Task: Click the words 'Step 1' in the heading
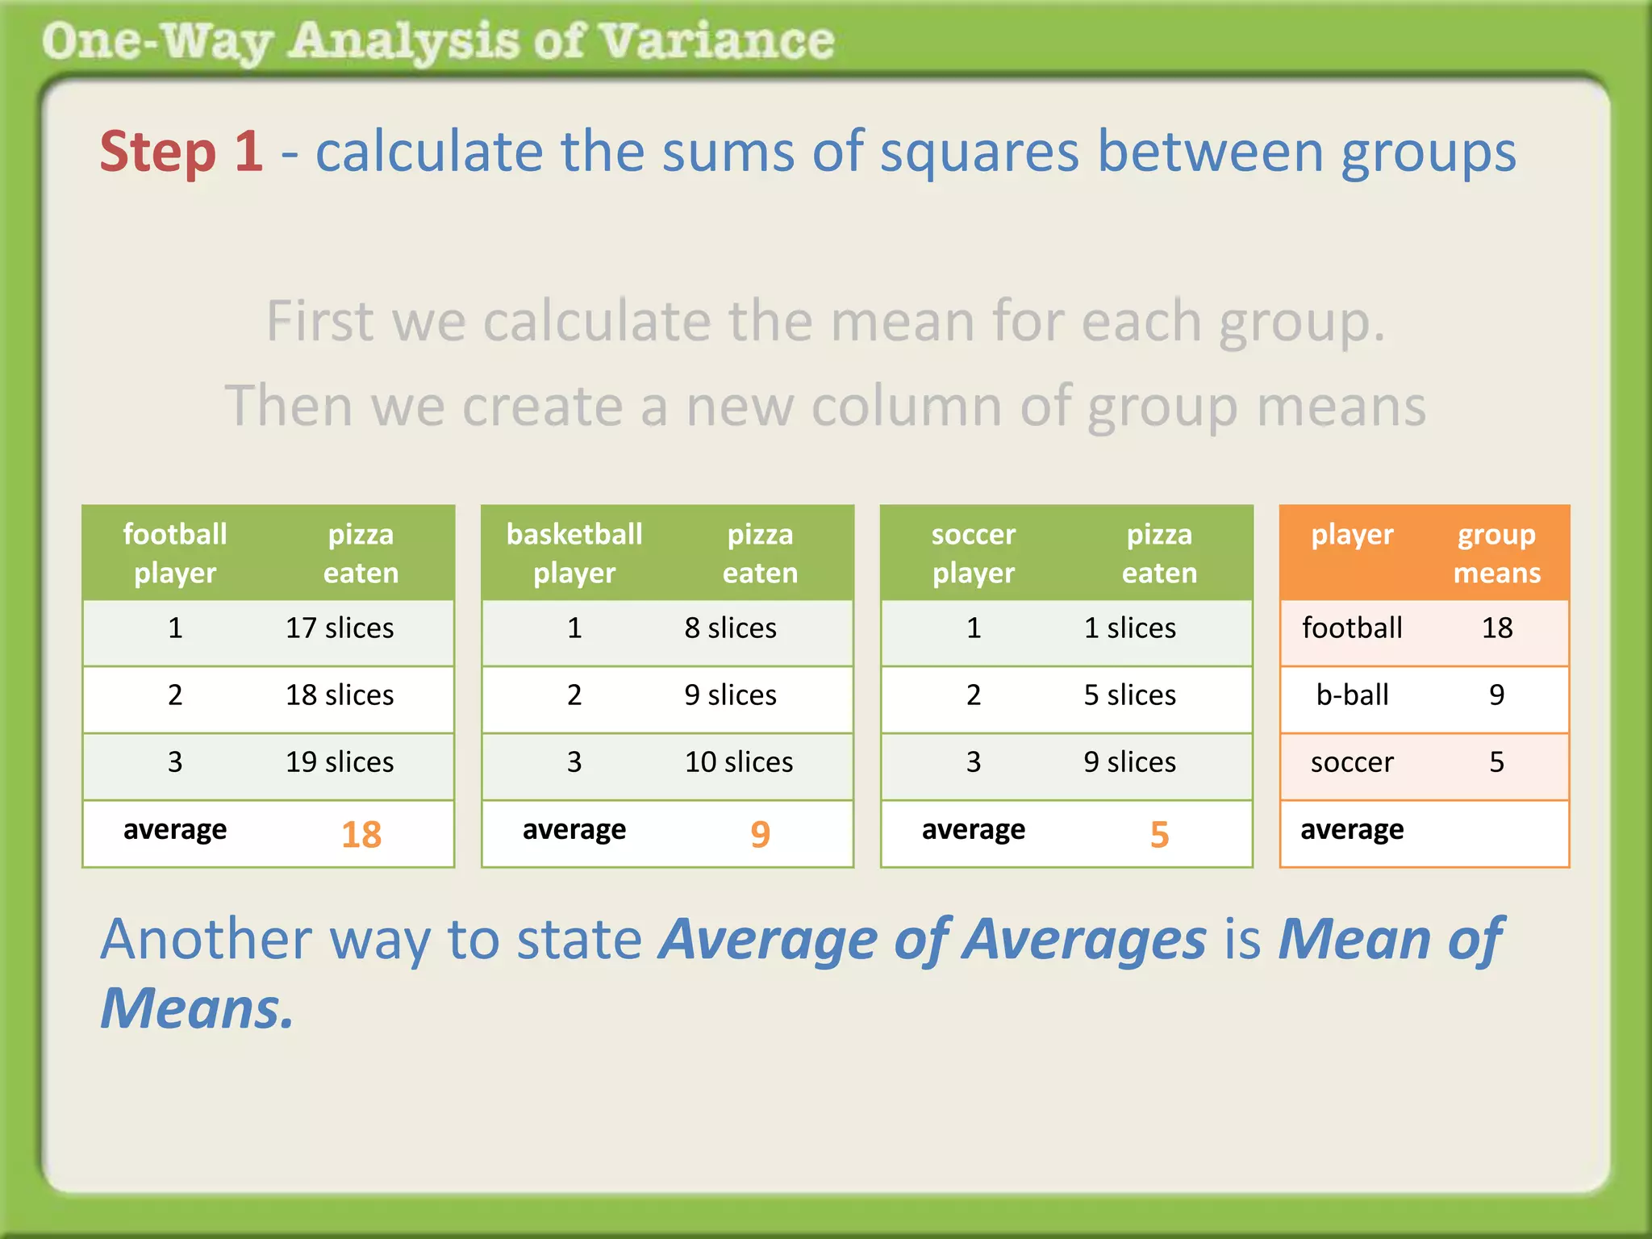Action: point(181,152)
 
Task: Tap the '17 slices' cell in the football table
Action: point(340,628)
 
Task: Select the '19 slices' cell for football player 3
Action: point(340,762)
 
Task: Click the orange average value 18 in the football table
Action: point(361,834)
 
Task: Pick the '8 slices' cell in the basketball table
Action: point(730,628)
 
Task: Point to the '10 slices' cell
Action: point(738,762)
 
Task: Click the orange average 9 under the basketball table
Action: point(760,834)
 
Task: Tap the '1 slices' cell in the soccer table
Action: point(1129,628)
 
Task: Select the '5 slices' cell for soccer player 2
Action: point(1129,695)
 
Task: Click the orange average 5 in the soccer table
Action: point(1159,834)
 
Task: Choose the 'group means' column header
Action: point(1496,553)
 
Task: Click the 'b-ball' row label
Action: point(1352,695)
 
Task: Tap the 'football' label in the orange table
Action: point(1352,628)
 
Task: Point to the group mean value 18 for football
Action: point(1496,628)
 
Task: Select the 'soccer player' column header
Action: point(974,553)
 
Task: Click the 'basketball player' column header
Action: point(574,553)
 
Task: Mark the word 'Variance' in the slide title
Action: point(717,41)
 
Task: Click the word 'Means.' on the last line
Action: point(197,1009)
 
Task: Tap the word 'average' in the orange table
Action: point(1352,830)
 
